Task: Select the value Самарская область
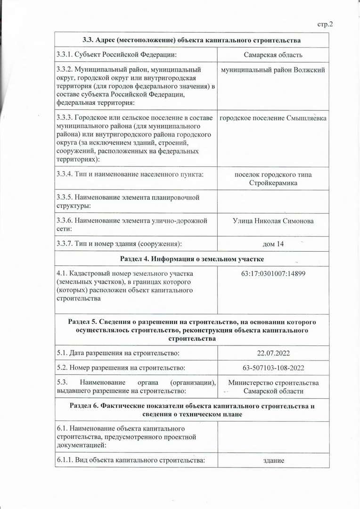(x=273, y=55)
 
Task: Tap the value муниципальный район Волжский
(x=273, y=70)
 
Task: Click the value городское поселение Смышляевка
(x=273, y=118)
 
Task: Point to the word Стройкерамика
(x=273, y=183)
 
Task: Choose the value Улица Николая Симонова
(x=273, y=221)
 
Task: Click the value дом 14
(x=273, y=244)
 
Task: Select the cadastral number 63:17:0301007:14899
(x=273, y=273)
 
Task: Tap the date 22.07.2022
(x=273, y=353)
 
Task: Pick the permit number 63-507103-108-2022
(x=273, y=368)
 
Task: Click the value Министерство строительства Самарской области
(x=273, y=387)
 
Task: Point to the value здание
(x=273, y=460)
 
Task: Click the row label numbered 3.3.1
(x=116, y=55)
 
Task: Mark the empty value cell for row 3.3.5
(x=273, y=201)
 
